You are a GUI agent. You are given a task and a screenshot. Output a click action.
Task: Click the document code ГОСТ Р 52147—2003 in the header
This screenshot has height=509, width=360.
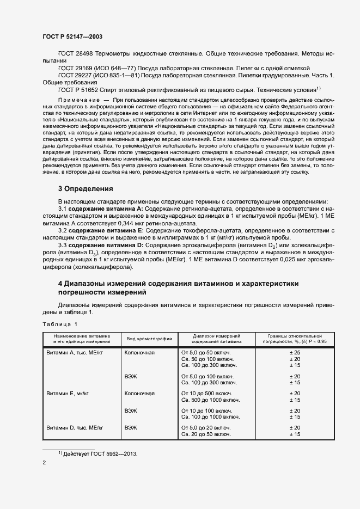72,36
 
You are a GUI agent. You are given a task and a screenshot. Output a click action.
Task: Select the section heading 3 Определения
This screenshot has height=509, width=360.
86,189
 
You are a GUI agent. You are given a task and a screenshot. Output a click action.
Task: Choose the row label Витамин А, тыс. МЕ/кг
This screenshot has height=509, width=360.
74,353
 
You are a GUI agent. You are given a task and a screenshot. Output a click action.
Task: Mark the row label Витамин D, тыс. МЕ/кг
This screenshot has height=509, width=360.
74,427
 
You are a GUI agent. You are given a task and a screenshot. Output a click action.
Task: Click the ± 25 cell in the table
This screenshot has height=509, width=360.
295,353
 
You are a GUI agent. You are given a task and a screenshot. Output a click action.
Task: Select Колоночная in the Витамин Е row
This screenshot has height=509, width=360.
140,393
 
